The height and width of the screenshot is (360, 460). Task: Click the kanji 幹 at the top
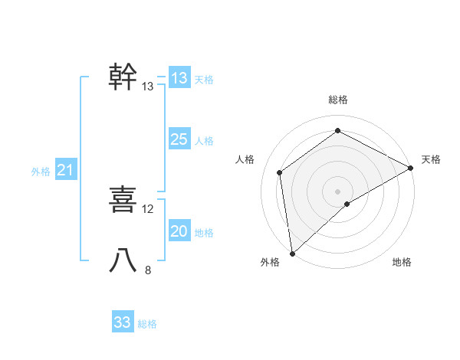[123, 77]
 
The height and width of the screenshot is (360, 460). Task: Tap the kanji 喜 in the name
[123, 200]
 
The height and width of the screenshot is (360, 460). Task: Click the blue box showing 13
[179, 78]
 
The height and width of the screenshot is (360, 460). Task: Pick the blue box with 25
[179, 139]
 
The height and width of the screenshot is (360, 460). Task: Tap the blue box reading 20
[179, 231]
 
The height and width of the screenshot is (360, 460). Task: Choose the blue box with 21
[65, 170]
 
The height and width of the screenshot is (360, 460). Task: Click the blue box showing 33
[123, 322]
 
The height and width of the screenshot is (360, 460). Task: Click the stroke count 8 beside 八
[148, 270]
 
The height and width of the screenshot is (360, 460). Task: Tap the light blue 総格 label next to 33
[147, 324]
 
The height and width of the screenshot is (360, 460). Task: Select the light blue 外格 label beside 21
[41, 172]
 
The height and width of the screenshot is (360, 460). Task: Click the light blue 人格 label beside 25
[204, 141]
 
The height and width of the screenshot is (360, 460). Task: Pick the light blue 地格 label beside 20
[204, 233]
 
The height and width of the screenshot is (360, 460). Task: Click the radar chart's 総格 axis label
[337, 100]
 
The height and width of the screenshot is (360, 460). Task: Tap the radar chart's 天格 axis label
[431, 159]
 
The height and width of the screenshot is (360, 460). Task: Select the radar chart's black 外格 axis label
[270, 263]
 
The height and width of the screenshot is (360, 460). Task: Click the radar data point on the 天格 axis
[411, 168]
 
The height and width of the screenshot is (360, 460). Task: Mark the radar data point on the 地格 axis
[347, 204]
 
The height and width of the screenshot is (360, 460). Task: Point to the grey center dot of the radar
[337, 191]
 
